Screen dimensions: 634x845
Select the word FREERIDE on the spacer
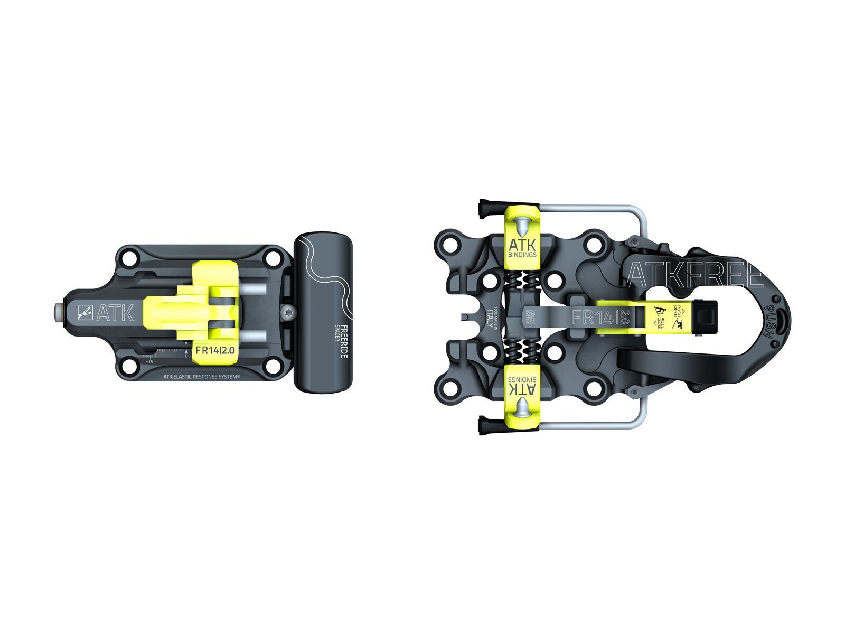pyautogui.click(x=344, y=341)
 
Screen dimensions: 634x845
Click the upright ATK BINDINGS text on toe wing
pyautogui.click(x=522, y=248)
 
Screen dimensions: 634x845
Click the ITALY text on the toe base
pyautogui.click(x=491, y=318)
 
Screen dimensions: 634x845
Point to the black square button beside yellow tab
pyautogui.click(x=705, y=317)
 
